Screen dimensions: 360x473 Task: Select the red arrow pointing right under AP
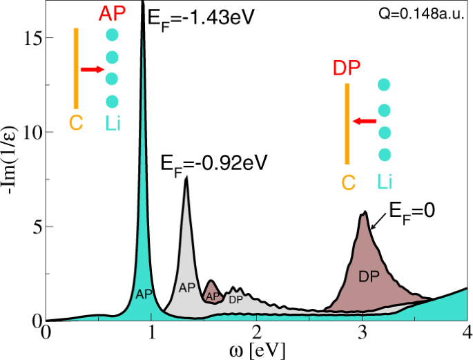click(91, 69)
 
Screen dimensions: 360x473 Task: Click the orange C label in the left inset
click(76, 124)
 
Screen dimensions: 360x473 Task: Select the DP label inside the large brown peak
click(369, 275)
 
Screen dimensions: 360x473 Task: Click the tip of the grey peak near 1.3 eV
click(186, 178)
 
